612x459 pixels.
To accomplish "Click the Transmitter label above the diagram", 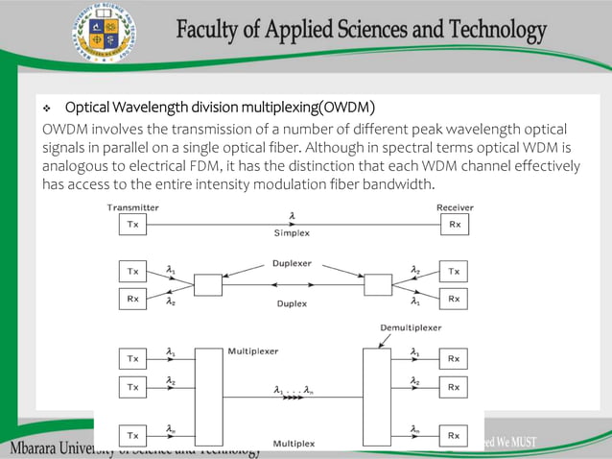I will (133, 206).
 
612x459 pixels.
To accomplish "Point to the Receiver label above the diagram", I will (455, 206).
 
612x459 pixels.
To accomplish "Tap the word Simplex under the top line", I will (293, 233).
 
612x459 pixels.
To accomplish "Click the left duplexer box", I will (207, 285).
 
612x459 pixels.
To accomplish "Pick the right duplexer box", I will (378, 285).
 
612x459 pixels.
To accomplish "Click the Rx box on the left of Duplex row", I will (133, 300).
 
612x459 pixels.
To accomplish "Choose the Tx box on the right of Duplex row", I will (454, 272).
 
